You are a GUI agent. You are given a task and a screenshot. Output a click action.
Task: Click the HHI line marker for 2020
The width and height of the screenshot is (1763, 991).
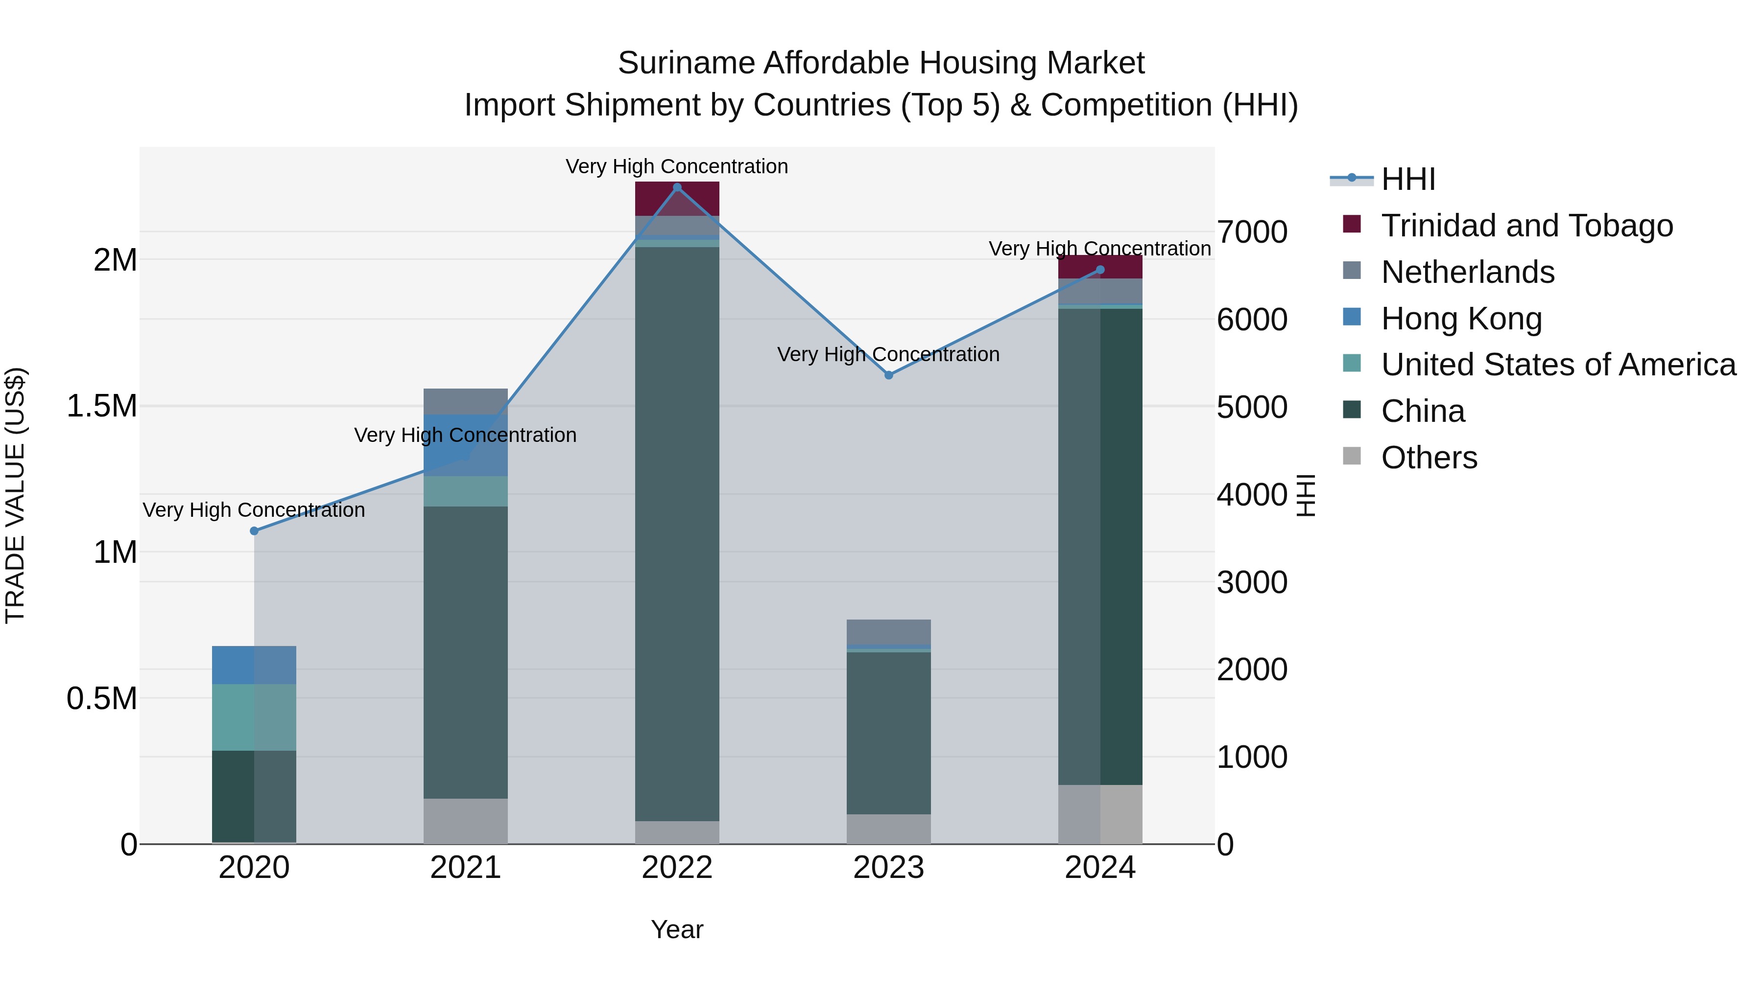(254, 530)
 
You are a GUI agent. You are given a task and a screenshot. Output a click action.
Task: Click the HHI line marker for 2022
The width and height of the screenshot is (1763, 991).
(677, 187)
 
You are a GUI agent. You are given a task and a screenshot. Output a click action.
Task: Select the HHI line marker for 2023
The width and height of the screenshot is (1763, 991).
(888, 375)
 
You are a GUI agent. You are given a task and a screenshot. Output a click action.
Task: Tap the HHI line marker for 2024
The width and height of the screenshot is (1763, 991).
(1100, 270)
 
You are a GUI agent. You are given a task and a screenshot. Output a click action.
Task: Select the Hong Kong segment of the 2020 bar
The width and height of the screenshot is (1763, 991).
(254, 665)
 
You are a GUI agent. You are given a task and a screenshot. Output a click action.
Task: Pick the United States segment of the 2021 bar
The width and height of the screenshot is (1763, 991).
(465, 491)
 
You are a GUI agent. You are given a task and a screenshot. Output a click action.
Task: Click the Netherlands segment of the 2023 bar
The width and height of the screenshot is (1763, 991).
(888, 632)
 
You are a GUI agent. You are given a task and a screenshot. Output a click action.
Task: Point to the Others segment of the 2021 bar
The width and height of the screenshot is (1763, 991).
(465, 821)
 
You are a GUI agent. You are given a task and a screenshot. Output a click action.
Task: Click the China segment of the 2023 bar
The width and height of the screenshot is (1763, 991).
(888, 732)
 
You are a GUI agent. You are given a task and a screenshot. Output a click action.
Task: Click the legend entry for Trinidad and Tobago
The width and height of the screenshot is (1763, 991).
(1526, 226)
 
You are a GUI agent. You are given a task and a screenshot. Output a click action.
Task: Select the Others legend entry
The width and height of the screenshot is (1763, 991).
(1429, 458)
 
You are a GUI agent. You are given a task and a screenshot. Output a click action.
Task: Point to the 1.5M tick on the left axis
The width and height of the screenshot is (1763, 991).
(101, 406)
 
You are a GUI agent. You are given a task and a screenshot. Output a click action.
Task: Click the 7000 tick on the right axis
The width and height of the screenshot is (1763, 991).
(1252, 232)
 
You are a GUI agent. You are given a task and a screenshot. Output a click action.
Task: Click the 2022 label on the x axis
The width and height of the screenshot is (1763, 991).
(677, 868)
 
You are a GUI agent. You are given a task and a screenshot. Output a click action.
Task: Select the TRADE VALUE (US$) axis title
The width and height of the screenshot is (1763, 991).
(15, 495)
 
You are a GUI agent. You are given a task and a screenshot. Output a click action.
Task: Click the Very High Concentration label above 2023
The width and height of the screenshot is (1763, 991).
(888, 354)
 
